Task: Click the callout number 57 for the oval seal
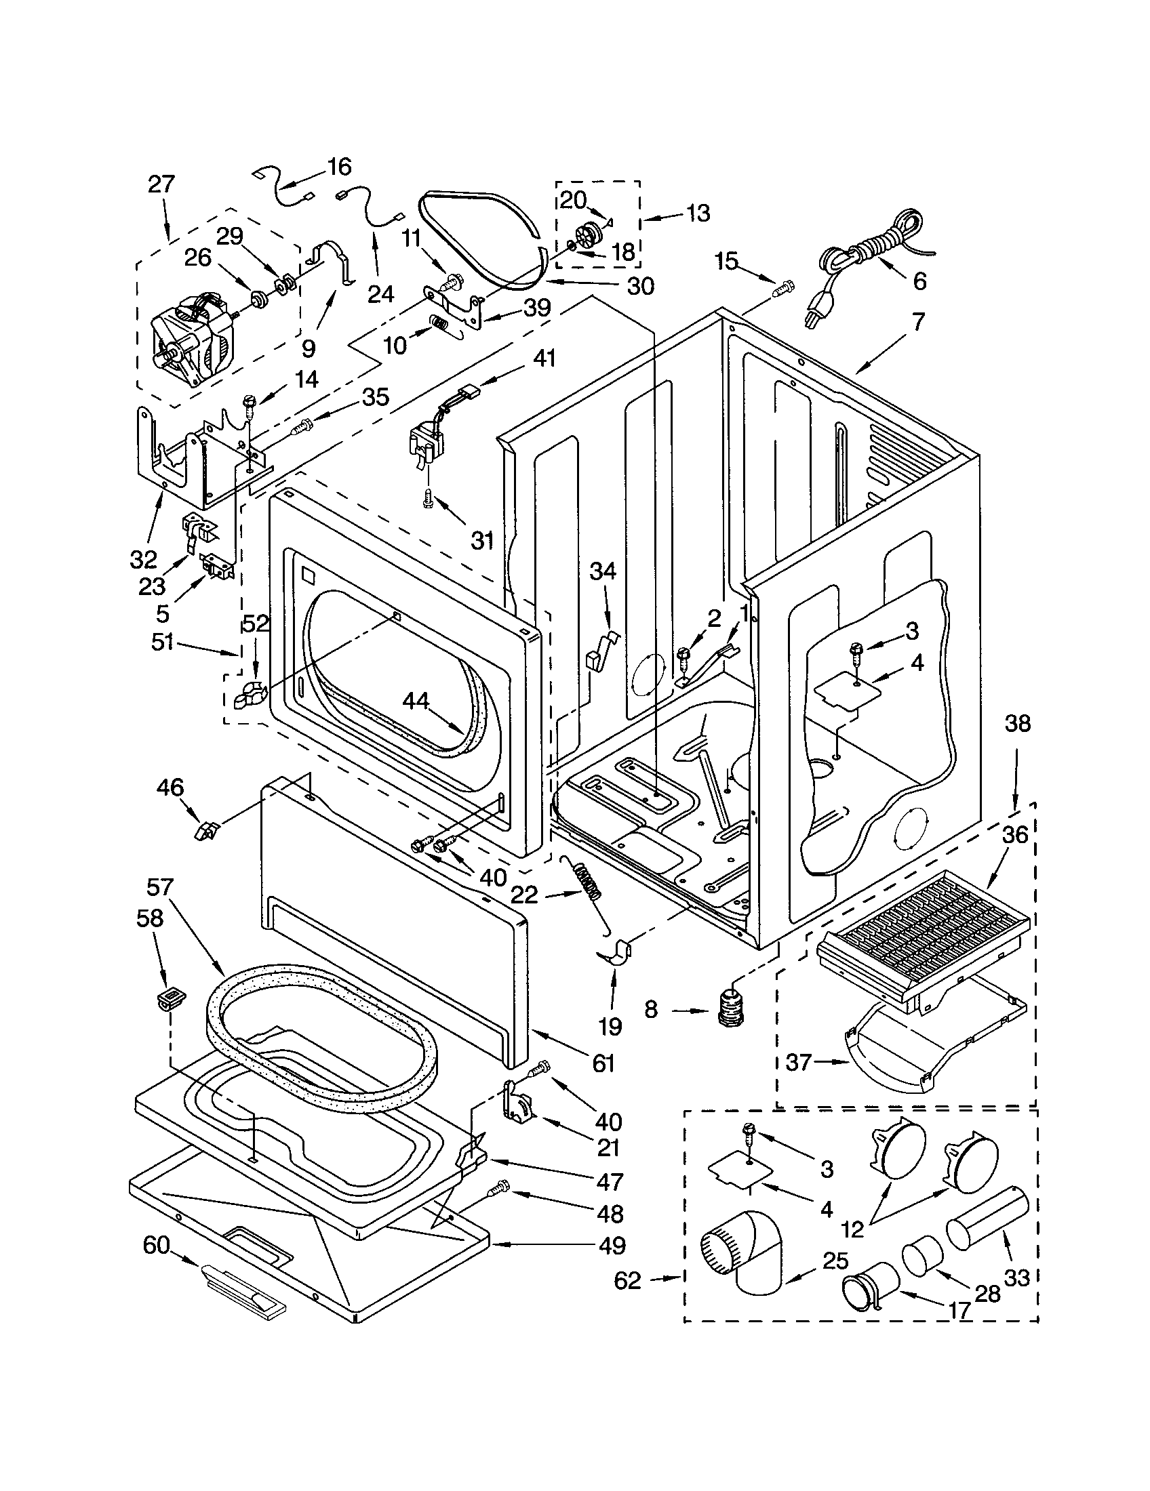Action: (x=161, y=888)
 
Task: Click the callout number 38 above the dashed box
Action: (x=1017, y=724)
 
